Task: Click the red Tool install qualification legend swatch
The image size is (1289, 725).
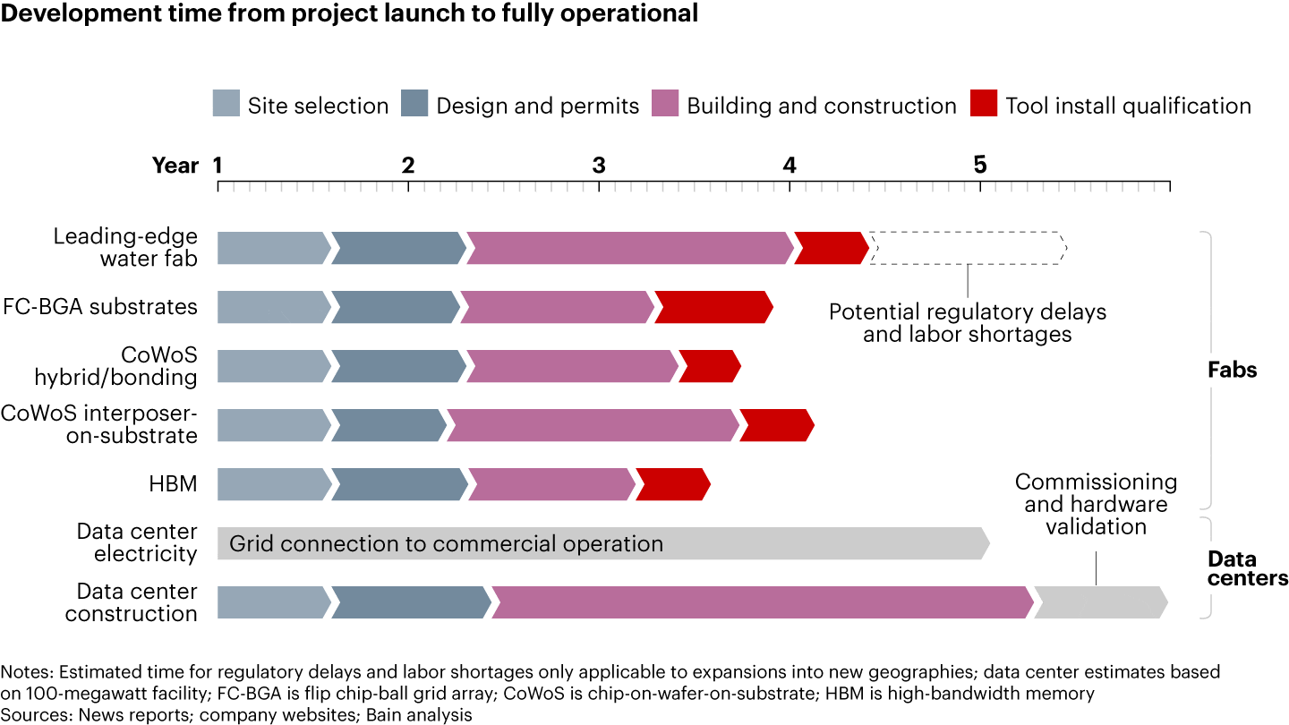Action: (x=982, y=105)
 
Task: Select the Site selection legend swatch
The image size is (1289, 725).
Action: (x=226, y=105)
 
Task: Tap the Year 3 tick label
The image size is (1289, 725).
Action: (x=598, y=166)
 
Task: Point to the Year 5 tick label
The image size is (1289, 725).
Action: (x=979, y=166)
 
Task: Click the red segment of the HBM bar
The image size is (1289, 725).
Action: (x=672, y=484)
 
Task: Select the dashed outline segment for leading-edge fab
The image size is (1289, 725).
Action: (x=968, y=248)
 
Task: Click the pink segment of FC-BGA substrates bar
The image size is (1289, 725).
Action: (x=557, y=307)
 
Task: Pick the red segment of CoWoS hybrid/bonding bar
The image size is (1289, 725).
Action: (x=709, y=366)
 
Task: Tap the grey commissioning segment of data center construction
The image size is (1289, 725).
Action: (x=1100, y=602)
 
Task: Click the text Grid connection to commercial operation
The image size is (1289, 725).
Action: (x=446, y=543)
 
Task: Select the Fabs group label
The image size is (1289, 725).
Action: (x=1232, y=369)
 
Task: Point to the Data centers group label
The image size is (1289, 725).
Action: (x=1247, y=568)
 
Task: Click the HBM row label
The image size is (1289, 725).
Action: (x=173, y=484)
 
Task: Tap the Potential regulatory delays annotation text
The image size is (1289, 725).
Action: (x=967, y=323)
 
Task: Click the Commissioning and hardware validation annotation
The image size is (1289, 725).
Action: (x=1096, y=504)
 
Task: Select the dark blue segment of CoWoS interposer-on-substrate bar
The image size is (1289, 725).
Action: (x=388, y=425)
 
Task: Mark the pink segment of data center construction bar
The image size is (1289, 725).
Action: (x=762, y=602)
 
